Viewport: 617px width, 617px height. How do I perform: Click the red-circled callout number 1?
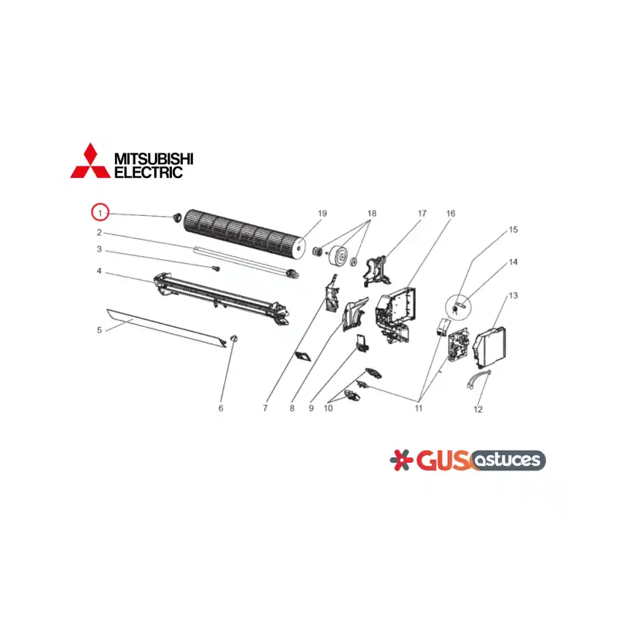[100, 213]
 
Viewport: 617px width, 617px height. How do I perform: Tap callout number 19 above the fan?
[322, 214]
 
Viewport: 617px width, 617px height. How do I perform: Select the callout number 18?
[372, 214]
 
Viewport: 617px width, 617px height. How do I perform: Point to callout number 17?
[422, 214]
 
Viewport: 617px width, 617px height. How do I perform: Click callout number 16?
[450, 214]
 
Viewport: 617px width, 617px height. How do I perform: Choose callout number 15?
[513, 229]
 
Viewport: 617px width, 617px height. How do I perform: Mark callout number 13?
[513, 295]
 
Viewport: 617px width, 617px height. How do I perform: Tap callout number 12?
[477, 410]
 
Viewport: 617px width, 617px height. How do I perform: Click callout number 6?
[221, 408]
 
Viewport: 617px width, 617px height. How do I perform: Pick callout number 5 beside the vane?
[99, 330]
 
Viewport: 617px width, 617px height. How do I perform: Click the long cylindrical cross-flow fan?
[244, 234]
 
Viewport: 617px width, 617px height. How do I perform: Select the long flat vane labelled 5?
[167, 329]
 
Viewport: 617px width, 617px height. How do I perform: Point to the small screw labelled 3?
[216, 268]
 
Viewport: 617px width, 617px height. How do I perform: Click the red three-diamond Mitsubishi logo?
[90, 160]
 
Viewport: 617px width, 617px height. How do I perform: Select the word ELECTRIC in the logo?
[148, 172]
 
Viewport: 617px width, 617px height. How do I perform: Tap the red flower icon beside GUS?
[401, 460]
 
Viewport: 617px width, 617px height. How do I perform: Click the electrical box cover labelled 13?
[490, 346]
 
